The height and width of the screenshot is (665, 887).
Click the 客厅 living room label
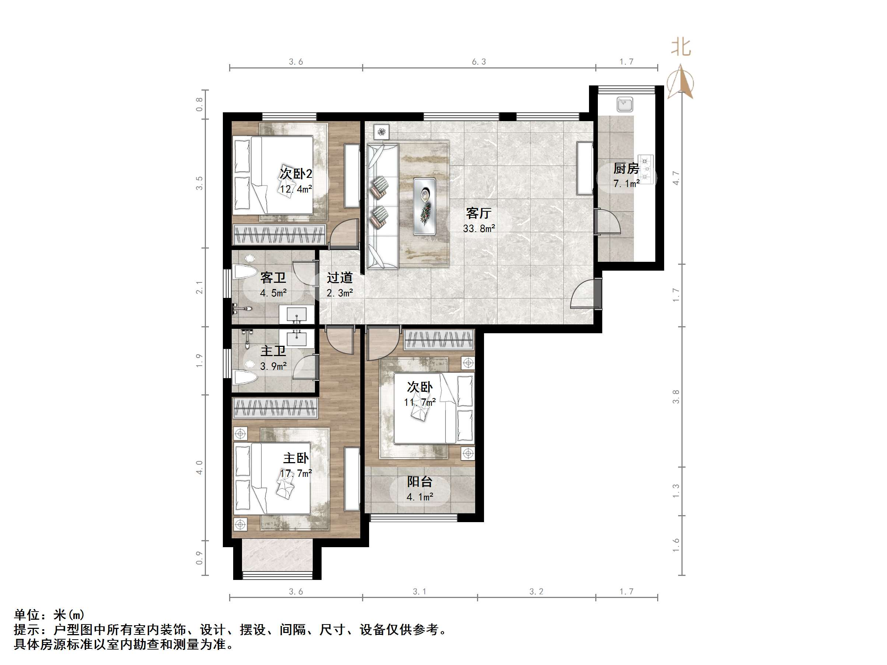click(x=478, y=213)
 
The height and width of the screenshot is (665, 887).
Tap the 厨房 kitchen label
click(x=625, y=168)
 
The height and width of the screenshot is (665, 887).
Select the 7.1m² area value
click(x=626, y=184)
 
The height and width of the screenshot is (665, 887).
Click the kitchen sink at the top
click(x=625, y=104)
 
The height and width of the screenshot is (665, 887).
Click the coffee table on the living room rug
click(x=425, y=207)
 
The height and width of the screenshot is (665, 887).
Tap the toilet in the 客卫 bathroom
click(x=245, y=271)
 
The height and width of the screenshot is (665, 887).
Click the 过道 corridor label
click(x=340, y=277)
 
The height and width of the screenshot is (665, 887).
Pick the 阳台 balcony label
click(x=420, y=481)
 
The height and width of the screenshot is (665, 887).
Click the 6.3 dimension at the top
click(x=479, y=62)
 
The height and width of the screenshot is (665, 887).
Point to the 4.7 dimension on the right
click(x=676, y=178)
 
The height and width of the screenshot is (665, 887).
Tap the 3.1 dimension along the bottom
click(x=420, y=592)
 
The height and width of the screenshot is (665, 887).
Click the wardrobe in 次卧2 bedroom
click(x=280, y=235)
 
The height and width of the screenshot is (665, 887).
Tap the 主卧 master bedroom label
click(x=296, y=458)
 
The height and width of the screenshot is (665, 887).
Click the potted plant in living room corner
click(x=382, y=131)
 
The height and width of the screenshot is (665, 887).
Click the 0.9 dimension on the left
click(x=199, y=558)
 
